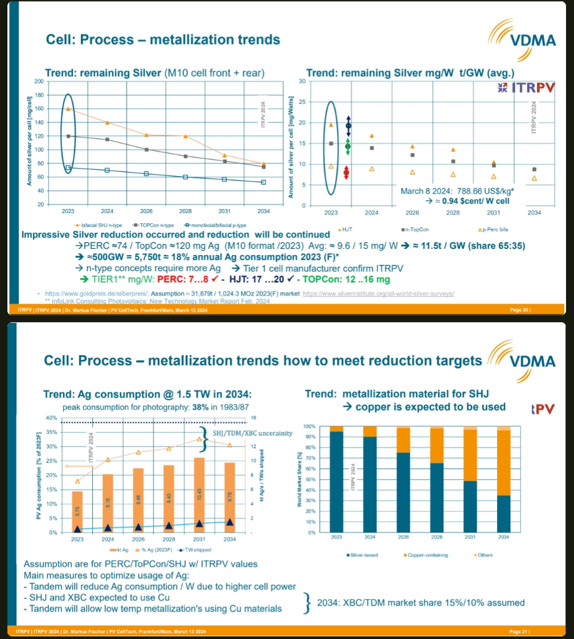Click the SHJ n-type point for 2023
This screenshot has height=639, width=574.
tap(68, 108)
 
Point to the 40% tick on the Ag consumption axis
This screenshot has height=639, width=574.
tap(50, 418)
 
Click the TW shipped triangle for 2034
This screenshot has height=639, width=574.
tap(230, 522)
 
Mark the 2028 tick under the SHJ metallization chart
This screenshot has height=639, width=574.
tap(437, 538)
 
